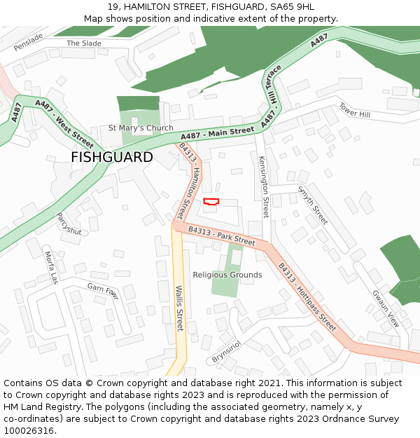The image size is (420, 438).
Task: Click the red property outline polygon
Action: tap(211, 202)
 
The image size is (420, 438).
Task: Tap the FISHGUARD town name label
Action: tap(111, 157)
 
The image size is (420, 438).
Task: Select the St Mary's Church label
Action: tap(141, 128)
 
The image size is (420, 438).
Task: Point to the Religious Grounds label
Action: tap(227, 275)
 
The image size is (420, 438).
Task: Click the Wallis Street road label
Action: tap(179, 308)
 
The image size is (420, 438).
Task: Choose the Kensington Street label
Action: tap(264, 187)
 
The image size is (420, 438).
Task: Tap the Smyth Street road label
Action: tap(312, 205)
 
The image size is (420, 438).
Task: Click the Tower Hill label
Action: tap(354, 110)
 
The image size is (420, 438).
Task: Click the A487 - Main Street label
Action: tap(217, 133)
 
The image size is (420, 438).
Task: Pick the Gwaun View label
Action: tap(385, 309)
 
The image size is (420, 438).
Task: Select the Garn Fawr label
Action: tap(103, 292)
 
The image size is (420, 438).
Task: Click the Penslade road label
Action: tap(28, 42)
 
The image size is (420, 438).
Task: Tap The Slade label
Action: tap(84, 43)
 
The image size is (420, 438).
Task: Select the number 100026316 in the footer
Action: tap(28, 430)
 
